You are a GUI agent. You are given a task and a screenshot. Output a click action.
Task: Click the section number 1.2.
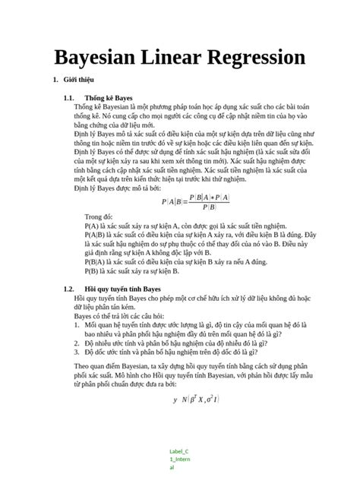coord(69,289)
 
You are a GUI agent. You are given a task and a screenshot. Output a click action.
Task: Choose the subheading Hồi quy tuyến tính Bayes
coord(123,289)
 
